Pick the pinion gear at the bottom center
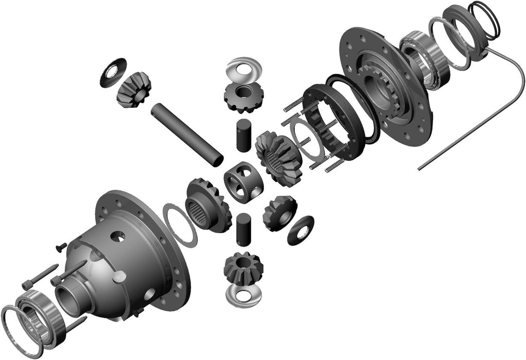pyautogui.click(x=242, y=269)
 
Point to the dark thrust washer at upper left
pyautogui.click(x=113, y=72)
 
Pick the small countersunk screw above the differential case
pyautogui.click(x=60, y=247)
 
